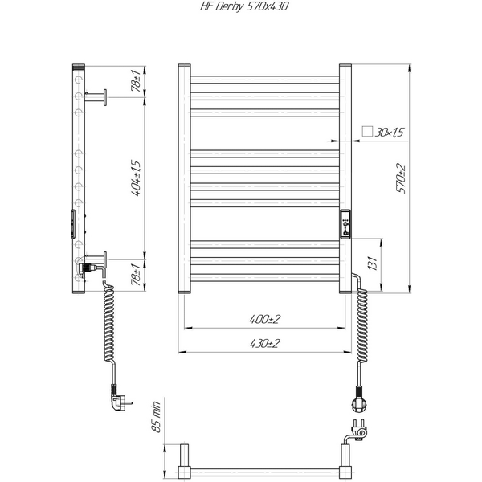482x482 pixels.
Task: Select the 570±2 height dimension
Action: (399, 178)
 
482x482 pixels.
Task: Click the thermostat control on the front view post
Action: (346, 223)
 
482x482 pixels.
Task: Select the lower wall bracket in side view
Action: (97, 261)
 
